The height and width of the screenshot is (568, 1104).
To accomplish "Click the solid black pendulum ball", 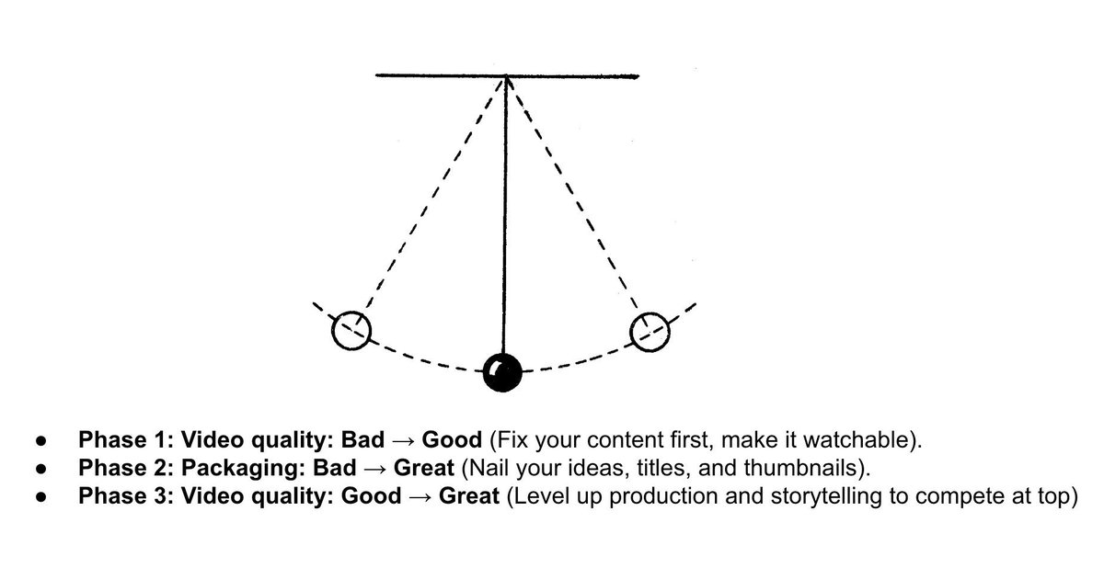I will [x=502, y=371].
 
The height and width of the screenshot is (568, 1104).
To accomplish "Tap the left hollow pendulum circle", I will [x=351, y=330].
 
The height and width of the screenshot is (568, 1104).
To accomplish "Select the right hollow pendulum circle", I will [x=650, y=331].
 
